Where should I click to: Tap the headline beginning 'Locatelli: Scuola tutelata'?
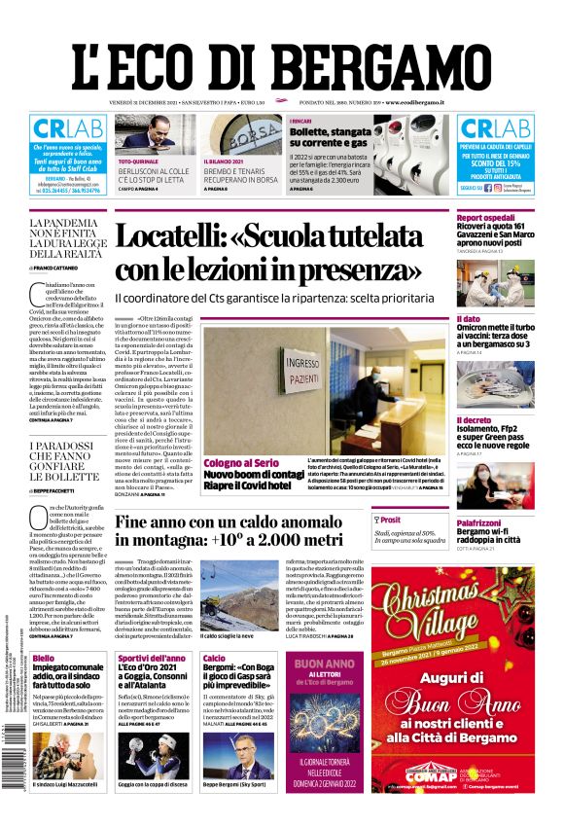pyautogui.click(x=281, y=251)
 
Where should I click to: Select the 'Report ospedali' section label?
pyautogui.click(x=485, y=217)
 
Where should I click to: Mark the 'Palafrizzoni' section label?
pyautogui.click(x=482, y=522)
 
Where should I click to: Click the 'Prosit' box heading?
pyautogui.click(x=390, y=520)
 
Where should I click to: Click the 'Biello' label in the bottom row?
pyautogui.click(x=43, y=659)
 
